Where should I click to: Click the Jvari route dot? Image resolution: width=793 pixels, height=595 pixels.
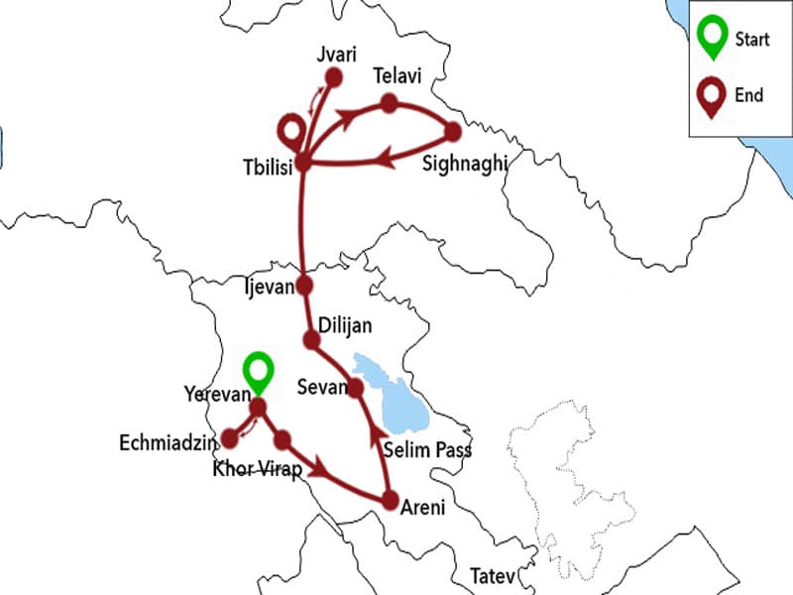click(x=334, y=77)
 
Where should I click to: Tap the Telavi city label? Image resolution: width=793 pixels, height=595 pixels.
click(x=396, y=76)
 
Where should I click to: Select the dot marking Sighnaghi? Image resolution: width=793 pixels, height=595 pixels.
click(x=454, y=131)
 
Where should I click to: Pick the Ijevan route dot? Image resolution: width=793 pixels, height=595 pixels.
click(x=304, y=286)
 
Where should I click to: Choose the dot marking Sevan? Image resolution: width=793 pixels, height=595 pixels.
click(x=355, y=389)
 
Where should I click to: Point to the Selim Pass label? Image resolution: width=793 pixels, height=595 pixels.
click(x=427, y=451)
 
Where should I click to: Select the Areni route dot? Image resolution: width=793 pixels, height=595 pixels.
click(x=390, y=501)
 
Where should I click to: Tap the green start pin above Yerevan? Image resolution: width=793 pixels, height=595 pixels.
click(x=259, y=372)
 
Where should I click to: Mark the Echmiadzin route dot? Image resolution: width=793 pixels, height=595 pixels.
click(x=230, y=437)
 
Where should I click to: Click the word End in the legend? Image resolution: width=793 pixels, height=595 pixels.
click(x=749, y=95)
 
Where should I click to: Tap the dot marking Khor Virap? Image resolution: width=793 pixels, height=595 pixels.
click(x=283, y=437)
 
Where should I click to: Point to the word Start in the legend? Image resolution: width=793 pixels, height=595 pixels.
click(x=752, y=40)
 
